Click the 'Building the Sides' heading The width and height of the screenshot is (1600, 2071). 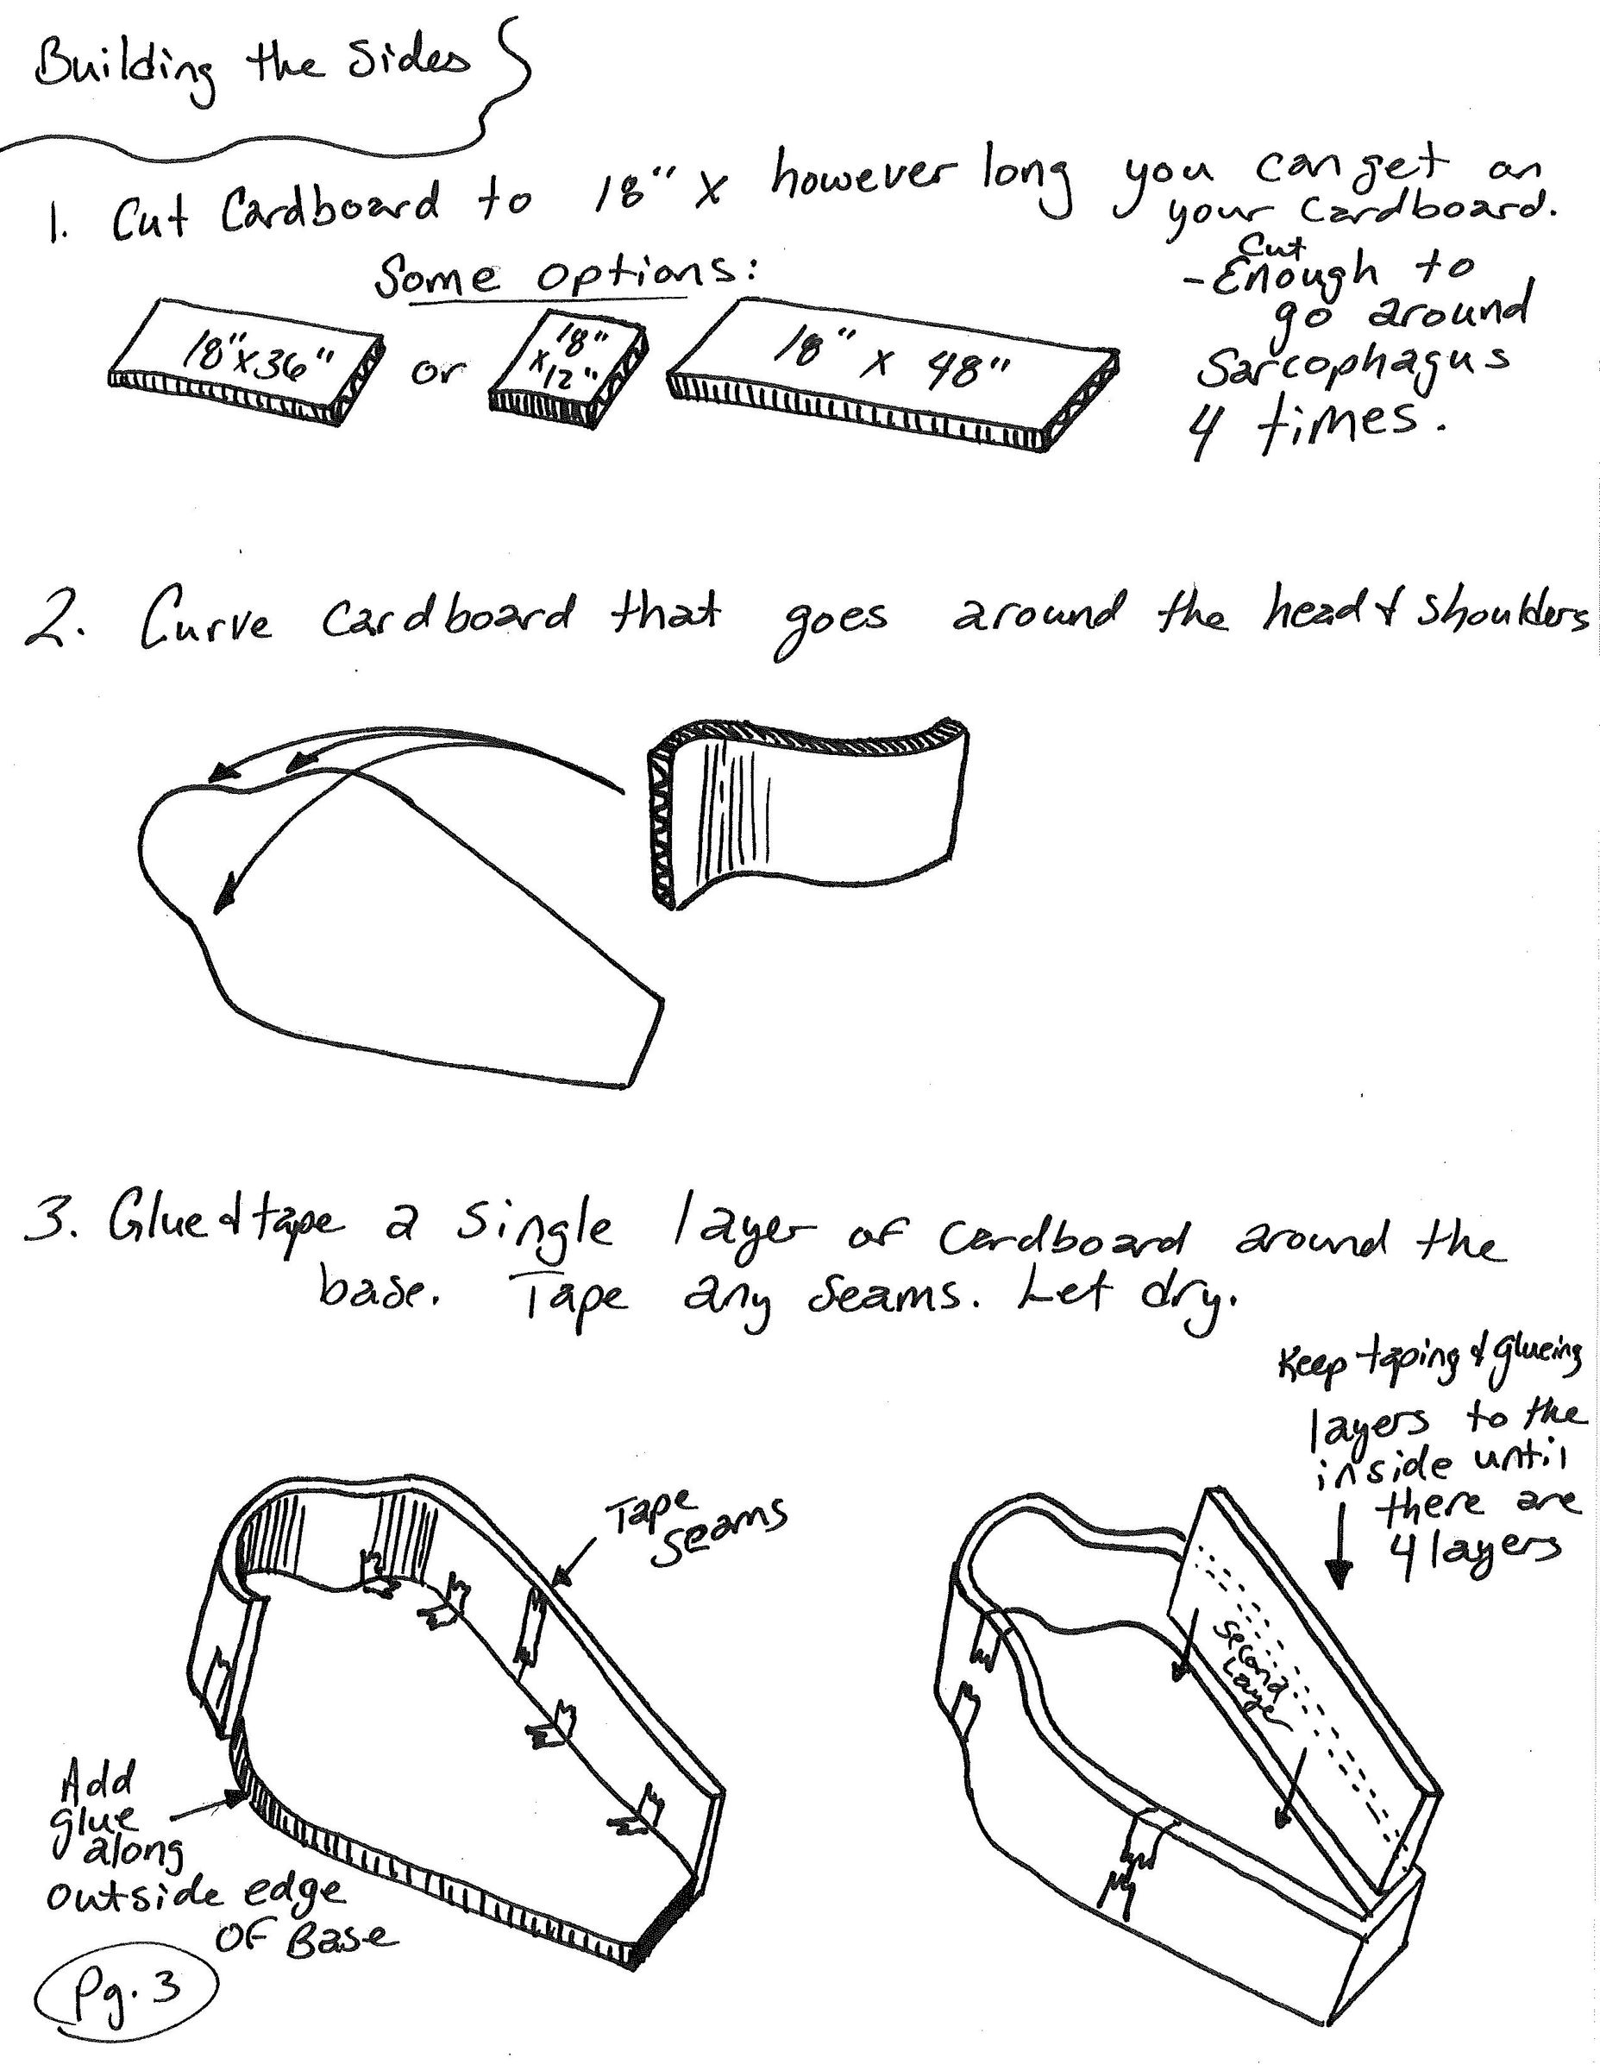[251, 68]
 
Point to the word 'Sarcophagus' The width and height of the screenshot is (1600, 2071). [1351, 365]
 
